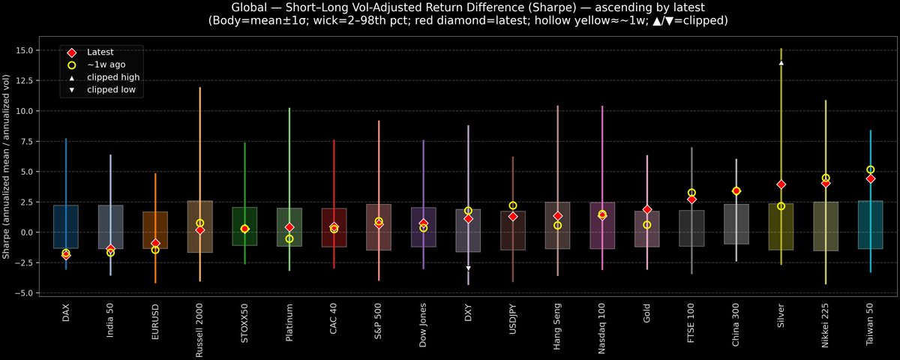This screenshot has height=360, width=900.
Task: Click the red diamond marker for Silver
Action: pyautogui.click(x=781, y=184)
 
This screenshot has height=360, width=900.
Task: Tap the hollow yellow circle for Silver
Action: pyautogui.click(x=781, y=206)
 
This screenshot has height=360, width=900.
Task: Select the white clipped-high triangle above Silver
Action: pyautogui.click(x=781, y=63)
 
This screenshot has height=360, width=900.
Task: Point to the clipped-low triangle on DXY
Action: pyautogui.click(x=468, y=268)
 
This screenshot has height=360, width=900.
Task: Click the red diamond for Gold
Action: pyautogui.click(x=647, y=209)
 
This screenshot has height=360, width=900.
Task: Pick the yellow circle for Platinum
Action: pyautogui.click(x=289, y=238)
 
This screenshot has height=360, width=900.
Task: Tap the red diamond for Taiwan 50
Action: pyautogui.click(x=870, y=178)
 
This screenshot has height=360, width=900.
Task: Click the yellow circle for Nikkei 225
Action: pyautogui.click(x=826, y=178)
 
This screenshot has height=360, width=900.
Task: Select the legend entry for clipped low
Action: pyautogui.click(x=112, y=89)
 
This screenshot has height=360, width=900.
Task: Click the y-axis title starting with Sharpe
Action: pyautogui.click(x=7, y=166)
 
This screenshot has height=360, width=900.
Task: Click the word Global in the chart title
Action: pyautogui.click(x=251, y=7)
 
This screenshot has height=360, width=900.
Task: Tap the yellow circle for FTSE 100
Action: pyautogui.click(x=691, y=193)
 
